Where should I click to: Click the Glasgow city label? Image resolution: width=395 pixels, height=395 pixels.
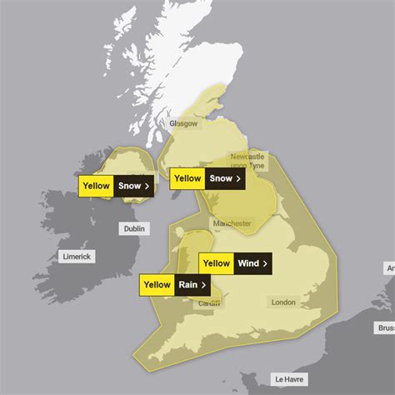(x=183, y=123)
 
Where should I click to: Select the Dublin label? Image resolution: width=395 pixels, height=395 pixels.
(x=133, y=227)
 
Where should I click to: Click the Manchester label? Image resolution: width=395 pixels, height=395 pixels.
(x=232, y=223)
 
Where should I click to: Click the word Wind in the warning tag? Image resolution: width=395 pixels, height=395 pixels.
(x=248, y=264)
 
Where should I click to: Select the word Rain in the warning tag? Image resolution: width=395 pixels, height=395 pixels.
(x=187, y=286)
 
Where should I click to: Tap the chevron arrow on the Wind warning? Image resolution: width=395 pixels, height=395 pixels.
(x=266, y=264)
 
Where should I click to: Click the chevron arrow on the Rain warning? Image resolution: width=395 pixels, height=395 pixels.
(x=204, y=286)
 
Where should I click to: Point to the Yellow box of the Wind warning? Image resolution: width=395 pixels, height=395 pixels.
(x=217, y=264)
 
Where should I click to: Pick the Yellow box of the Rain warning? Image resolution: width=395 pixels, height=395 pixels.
(x=157, y=286)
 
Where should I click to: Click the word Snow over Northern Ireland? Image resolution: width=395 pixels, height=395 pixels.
(x=129, y=187)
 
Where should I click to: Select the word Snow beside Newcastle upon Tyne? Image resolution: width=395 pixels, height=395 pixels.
(x=220, y=177)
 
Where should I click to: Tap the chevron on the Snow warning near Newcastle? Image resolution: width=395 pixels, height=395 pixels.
(x=238, y=177)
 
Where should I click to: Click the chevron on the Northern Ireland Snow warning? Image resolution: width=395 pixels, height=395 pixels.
(x=147, y=187)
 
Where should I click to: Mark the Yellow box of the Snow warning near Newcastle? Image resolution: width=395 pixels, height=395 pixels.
(x=187, y=177)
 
